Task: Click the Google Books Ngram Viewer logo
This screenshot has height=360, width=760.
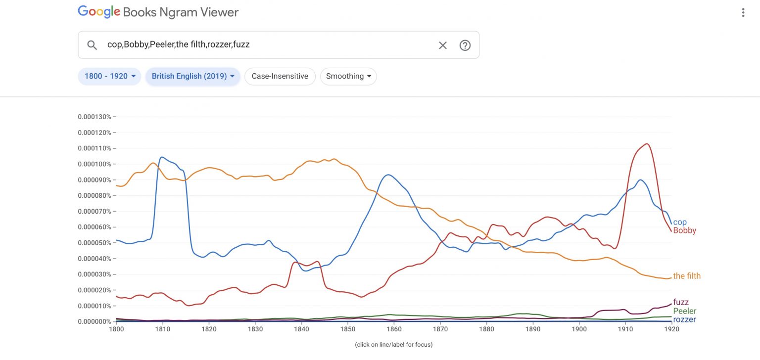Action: pyautogui.click(x=158, y=12)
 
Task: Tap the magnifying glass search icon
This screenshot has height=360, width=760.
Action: pyautogui.click(x=92, y=45)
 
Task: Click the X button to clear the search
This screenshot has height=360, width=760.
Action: pyautogui.click(x=442, y=45)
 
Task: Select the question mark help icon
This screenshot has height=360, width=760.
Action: pyautogui.click(x=465, y=45)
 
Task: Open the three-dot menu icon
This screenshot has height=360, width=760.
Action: pyautogui.click(x=743, y=13)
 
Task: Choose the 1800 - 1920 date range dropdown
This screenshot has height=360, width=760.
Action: pyautogui.click(x=109, y=76)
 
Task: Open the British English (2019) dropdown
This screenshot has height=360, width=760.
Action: pyautogui.click(x=192, y=76)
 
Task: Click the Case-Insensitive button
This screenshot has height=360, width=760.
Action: pyautogui.click(x=280, y=76)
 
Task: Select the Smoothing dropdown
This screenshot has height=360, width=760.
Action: pyautogui.click(x=348, y=76)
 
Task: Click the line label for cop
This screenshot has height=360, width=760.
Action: pyautogui.click(x=680, y=223)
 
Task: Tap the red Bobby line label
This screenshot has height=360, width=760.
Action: pyautogui.click(x=684, y=230)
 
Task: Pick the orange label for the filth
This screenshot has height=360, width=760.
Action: pyautogui.click(x=687, y=276)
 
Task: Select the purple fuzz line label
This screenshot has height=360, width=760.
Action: pyautogui.click(x=681, y=302)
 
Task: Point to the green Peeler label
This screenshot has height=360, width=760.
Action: pyautogui.click(x=684, y=311)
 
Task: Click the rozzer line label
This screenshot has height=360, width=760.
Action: pyautogui.click(x=684, y=319)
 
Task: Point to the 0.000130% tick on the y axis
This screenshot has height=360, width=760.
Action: pyautogui.click(x=95, y=117)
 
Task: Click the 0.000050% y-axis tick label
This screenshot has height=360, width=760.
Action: pyautogui.click(x=95, y=243)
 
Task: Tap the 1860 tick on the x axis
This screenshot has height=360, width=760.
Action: pyautogui.click(x=394, y=329)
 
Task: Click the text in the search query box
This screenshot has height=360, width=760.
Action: pyautogui.click(x=178, y=45)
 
